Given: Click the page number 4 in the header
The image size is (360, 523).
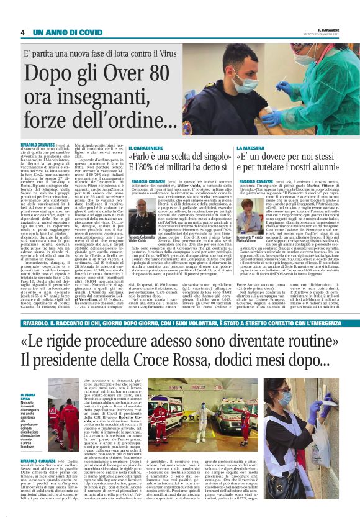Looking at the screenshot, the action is coord(22,32).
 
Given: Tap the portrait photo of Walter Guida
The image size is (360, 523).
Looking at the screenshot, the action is coord(142,213).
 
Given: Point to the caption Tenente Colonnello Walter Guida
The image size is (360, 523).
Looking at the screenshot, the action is coord(142,239).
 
